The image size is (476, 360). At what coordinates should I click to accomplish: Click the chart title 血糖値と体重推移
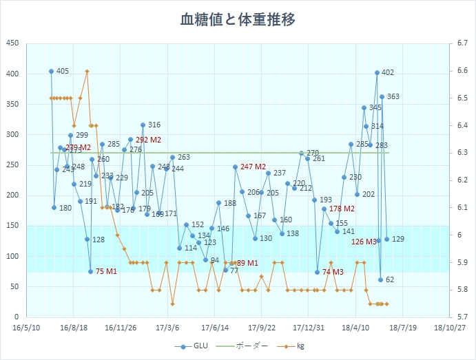pos(238,19)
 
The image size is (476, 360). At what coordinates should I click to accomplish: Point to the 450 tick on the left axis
pos(12,43)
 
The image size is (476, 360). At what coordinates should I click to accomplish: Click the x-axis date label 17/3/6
pos(167,328)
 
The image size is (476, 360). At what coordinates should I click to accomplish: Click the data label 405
pos(62,72)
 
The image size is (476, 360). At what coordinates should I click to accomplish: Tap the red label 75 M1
pos(105,272)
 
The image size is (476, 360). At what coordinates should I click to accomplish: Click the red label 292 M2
pos(148,140)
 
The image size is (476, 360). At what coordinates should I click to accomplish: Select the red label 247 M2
pos(253,167)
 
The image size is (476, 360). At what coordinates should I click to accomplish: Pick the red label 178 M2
pos(342,209)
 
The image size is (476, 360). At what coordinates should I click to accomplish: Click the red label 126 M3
pos(364,242)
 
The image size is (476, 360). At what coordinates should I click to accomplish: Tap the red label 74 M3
pos(333,273)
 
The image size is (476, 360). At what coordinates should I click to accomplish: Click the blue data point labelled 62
pos(380,279)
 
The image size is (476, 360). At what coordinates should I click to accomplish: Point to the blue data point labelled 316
pos(143,125)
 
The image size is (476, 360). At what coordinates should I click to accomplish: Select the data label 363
pos(393,97)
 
